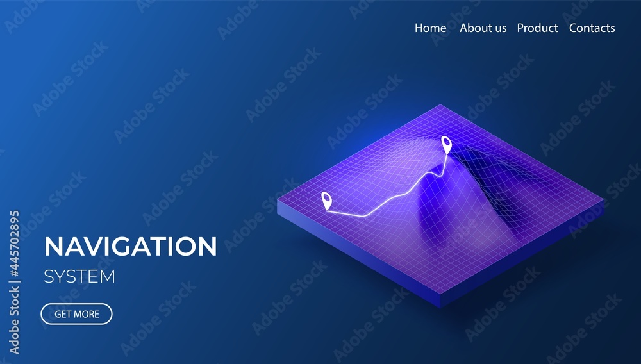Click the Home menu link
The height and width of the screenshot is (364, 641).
coord(430,28)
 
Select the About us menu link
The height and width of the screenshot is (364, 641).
coord(483,28)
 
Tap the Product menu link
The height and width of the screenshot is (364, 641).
coord(537,28)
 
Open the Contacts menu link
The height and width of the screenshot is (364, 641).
coord(592,28)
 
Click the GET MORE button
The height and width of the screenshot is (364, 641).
coord(76,314)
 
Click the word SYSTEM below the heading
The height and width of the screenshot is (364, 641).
coord(79,277)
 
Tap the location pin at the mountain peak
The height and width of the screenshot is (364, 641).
coord(446,144)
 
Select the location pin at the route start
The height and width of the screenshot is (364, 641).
coord(326,201)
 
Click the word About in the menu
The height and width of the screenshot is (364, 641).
coord(475,28)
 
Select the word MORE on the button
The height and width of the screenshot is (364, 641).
coord(87,314)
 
